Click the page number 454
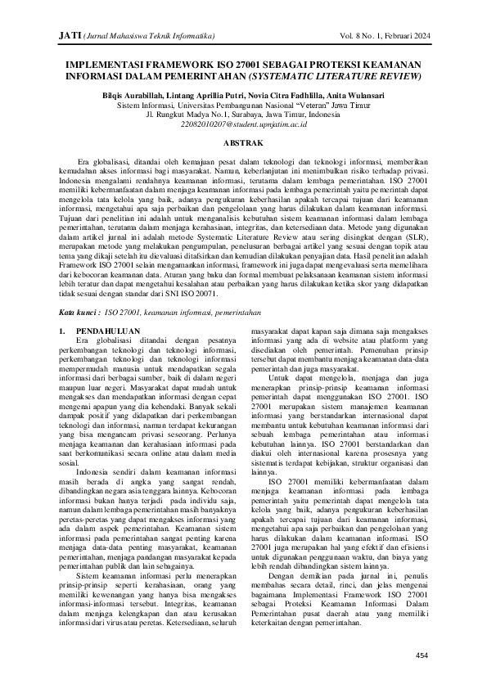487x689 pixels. [422, 655]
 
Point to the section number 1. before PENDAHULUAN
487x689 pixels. [65, 331]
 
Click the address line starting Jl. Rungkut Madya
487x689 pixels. [242, 115]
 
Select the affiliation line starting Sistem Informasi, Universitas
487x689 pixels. [242, 105]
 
